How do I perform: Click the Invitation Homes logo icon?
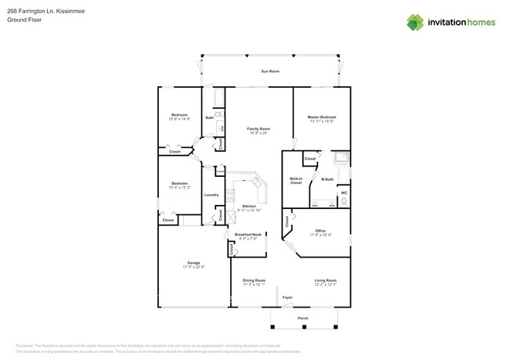pos(415,23)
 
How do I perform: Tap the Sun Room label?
pos(270,71)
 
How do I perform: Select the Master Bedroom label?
pos(322,117)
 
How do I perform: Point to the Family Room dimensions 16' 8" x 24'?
pos(258,133)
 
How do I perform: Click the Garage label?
pos(193,262)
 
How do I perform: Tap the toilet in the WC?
pos(343,202)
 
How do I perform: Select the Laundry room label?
pos(211,194)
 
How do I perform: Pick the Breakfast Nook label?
pos(247,235)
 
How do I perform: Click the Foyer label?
pos(287,297)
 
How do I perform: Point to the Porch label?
pos(303,319)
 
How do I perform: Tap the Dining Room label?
pos(254,279)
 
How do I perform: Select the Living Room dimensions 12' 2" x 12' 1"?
pos(326,284)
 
